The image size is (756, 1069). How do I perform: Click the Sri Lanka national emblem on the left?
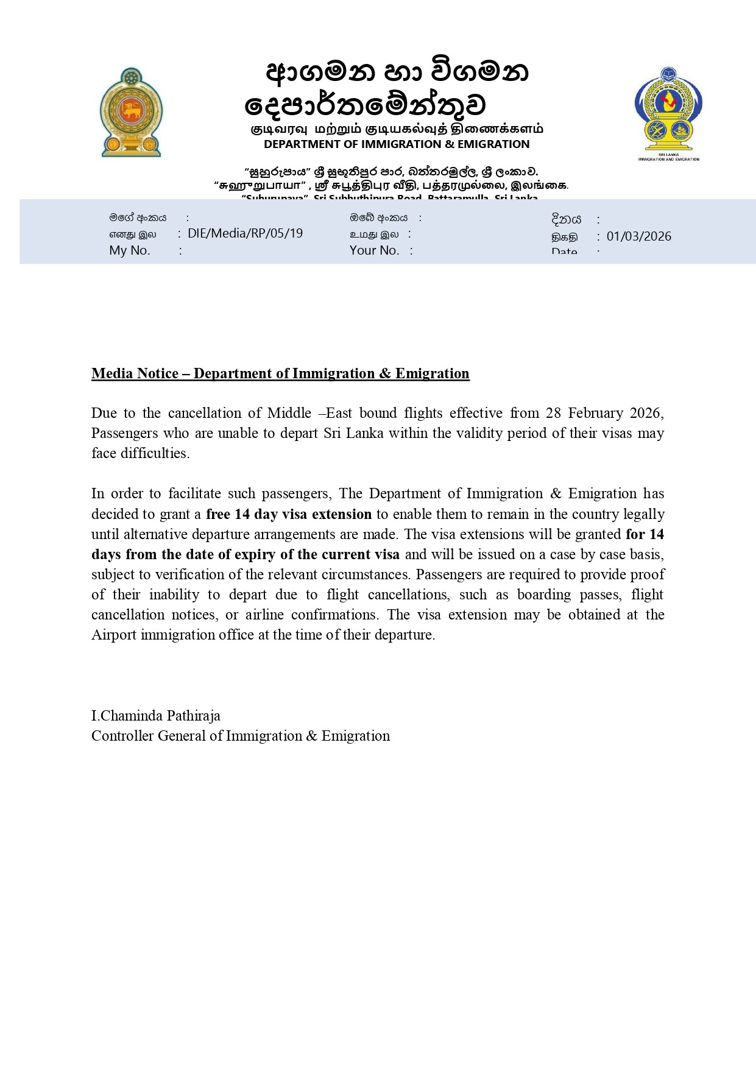click(131, 112)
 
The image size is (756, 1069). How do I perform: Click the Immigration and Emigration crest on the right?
click(668, 113)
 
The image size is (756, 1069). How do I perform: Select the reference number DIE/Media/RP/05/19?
click(245, 233)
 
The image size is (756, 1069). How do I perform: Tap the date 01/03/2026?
click(638, 236)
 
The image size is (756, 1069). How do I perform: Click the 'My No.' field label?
click(130, 250)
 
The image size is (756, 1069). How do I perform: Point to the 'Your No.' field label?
click(374, 250)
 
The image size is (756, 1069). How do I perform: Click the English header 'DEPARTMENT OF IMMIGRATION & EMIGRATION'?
click(397, 144)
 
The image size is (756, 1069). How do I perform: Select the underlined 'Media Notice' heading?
click(280, 373)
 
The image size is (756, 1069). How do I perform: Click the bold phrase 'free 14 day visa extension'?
click(289, 514)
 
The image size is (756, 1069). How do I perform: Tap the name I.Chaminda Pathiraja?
click(156, 716)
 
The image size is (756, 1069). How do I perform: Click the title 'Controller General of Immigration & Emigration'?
click(241, 736)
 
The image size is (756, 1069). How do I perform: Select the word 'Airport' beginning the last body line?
click(114, 635)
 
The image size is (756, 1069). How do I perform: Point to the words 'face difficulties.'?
click(141, 453)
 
